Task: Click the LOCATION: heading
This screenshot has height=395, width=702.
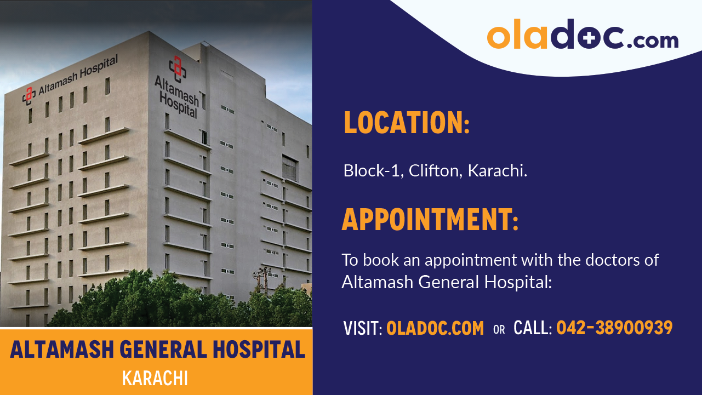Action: coord(407,123)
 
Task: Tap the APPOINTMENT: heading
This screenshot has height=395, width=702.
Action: coord(430,220)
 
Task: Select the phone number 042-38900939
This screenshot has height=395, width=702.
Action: coord(614,328)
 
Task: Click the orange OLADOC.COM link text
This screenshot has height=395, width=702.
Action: coord(435,329)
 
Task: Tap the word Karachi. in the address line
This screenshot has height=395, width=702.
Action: coord(498,171)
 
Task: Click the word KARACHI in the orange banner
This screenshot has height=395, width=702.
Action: coord(155,379)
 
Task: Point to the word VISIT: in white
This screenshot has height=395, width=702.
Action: coord(362,329)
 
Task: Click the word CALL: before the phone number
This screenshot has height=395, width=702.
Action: coord(532,329)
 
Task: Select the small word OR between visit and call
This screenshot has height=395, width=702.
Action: coord(499,330)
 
